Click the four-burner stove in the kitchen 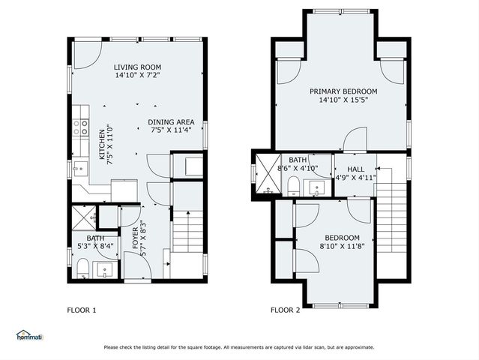click(81, 127)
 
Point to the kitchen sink click(80, 169)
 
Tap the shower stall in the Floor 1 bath click(84, 217)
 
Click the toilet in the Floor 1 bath click(83, 267)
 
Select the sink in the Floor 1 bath click(107, 268)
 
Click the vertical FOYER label click(135, 238)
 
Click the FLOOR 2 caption click(286, 310)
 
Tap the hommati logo click(29, 335)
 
